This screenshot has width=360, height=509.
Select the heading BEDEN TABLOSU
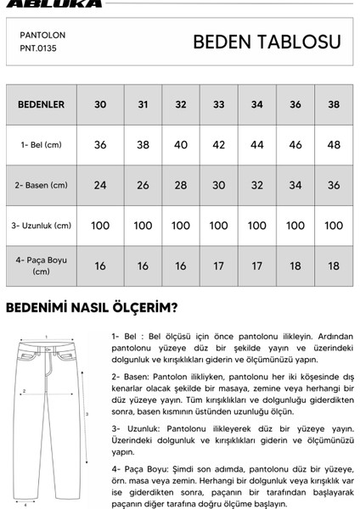(267, 42)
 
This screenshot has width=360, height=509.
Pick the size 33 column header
(219, 105)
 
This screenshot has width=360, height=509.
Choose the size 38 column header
(334, 105)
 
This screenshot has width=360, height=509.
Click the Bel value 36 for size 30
(100, 146)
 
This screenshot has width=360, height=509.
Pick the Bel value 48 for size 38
(334, 146)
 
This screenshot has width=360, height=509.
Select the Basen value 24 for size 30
(100, 185)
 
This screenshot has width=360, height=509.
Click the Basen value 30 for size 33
(219, 185)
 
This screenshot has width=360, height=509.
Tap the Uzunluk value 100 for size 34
(257, 226)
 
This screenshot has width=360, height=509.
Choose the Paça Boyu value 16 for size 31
(143, 266)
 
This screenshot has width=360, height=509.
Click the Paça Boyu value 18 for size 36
(295, 266)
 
